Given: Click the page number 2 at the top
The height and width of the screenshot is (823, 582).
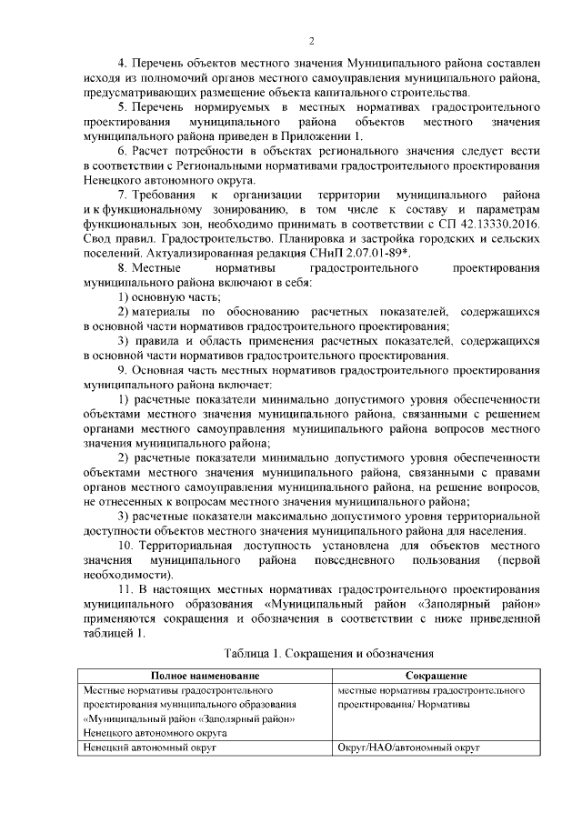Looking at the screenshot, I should (312, 40).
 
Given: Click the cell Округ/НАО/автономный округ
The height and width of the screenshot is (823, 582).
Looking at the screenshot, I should (407, 748).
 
